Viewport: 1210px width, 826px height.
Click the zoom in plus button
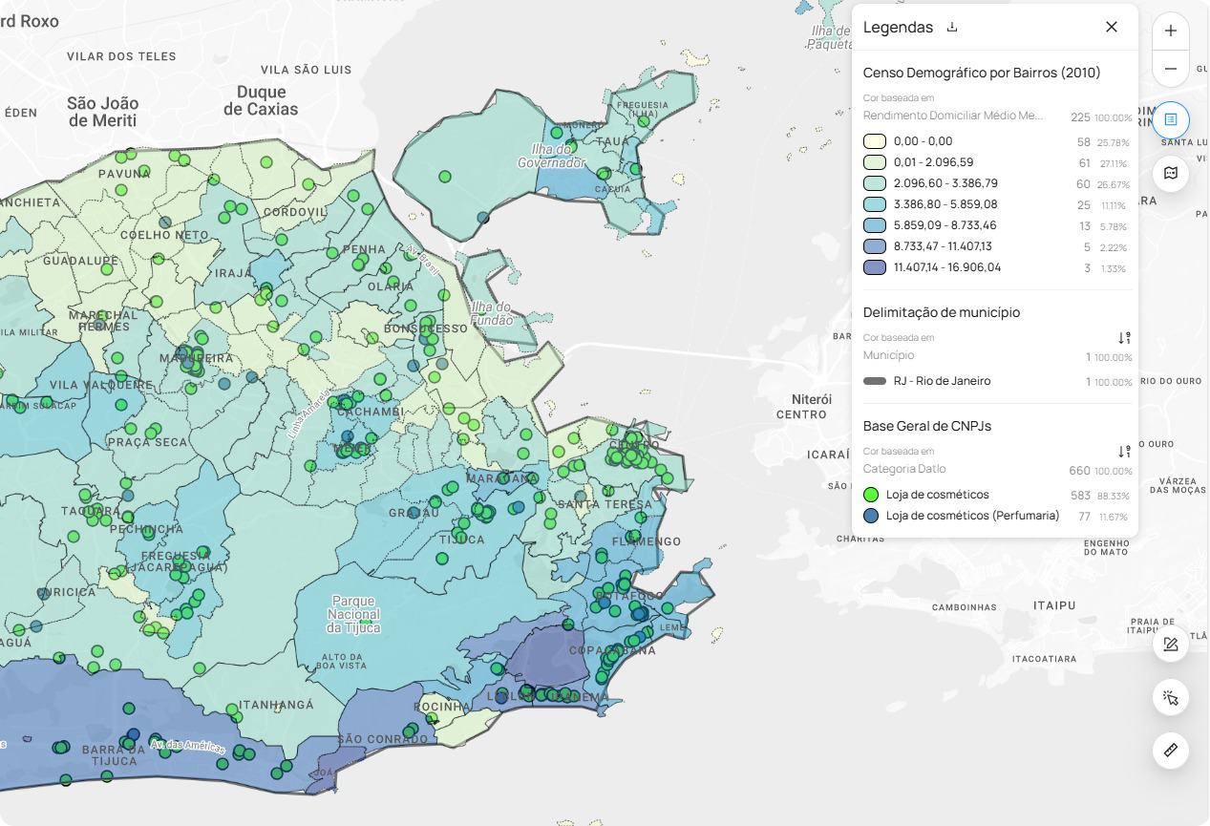[1171, 31]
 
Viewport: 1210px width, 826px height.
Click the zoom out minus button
[1171, 70]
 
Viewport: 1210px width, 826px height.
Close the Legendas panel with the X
[1112, 27]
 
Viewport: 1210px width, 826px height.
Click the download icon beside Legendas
[952, 27]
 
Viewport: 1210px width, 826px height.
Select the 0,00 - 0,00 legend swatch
[875, 141]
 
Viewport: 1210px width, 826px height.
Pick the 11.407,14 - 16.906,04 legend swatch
[875, 267]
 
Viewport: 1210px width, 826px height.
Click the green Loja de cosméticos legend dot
[871, 495]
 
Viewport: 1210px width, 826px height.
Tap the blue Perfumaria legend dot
[871, 516]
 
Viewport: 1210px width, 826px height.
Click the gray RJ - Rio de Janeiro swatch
[875, 381]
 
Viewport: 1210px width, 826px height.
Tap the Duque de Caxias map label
[261, 100]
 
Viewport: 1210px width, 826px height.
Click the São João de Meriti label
[102, 112]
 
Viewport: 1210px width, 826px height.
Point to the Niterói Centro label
[801, 406]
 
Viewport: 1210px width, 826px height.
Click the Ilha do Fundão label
[492, 313]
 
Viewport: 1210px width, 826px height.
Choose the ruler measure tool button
[1171, 751]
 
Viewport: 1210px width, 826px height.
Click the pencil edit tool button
[1171, 645]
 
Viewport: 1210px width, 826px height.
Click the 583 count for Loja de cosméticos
[1080, 495]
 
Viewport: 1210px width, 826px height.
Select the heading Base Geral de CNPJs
[926, 426]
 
